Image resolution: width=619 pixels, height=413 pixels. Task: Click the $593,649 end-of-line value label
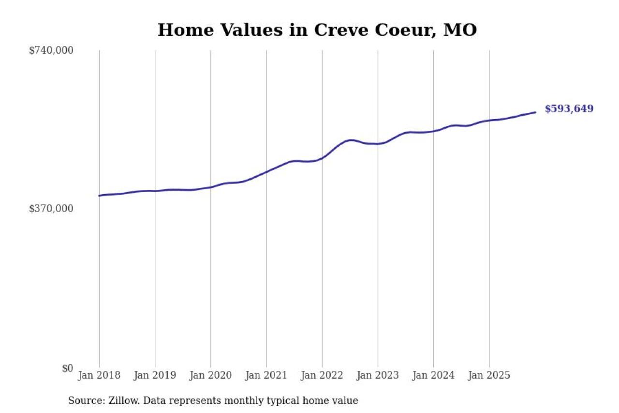pos(569,109)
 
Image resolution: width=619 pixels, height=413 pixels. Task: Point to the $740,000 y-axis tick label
pos(51,50)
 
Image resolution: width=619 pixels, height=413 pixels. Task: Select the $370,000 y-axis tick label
pos(51,209)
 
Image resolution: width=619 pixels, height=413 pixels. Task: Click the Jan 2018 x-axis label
pos(99,376)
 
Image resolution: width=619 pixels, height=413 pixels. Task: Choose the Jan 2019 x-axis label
pos(155,376)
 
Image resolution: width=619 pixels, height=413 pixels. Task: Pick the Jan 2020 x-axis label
pos(210,376)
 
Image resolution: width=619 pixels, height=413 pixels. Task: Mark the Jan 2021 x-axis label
pos(266,376)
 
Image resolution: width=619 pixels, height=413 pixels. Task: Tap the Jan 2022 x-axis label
pos(322,376)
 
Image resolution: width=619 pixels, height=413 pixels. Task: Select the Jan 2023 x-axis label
pos(378,376)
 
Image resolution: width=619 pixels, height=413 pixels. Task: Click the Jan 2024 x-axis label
pos(433,376)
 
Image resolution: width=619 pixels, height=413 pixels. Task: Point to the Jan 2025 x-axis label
pos(489,376)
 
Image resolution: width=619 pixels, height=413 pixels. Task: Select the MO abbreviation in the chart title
pos(460,30)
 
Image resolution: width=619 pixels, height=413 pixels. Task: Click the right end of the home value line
pos(535,112)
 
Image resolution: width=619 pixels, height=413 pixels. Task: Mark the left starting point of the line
pos(99,196)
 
